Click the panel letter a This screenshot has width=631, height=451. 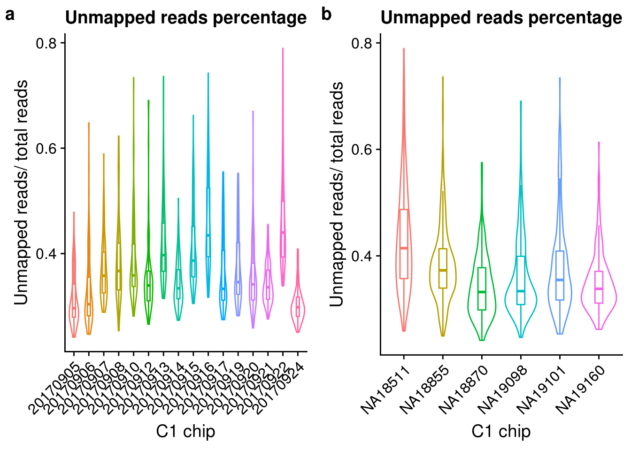(10, 15)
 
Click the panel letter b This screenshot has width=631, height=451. (326, 15)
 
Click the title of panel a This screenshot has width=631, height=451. (186, 18)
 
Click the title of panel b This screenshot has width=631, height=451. (501, 18)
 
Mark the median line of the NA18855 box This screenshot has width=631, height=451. (442, 270)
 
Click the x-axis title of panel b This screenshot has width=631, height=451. (501, 431)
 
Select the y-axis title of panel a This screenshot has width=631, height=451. (22, 193)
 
